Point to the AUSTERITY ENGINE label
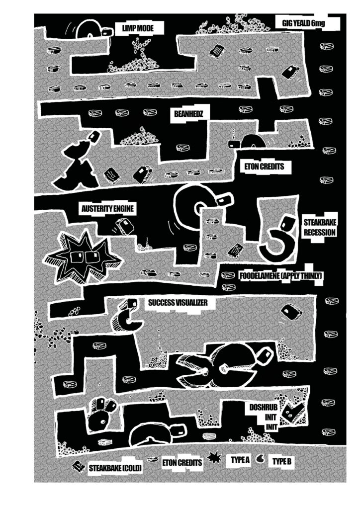[x=108, y=209]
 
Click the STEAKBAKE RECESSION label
[x=320, y=227]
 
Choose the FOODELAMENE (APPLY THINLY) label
[x=281, y=275]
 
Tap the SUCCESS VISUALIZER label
[x=178, y=302]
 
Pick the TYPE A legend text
[x=240, y=460]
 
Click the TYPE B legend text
[x=281, y=461]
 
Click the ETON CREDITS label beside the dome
[x=265, y=167]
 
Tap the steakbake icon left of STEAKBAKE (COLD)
[x=78, y=466]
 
